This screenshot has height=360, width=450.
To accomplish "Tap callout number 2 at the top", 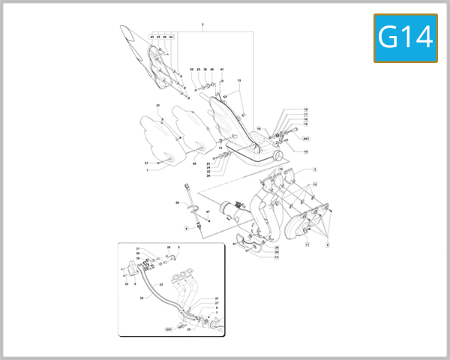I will (202, 25).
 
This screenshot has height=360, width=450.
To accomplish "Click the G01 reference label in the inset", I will (169, 329).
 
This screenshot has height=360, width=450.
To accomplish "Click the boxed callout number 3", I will (316, 170).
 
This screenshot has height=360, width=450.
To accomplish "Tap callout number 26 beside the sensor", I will (178, 203).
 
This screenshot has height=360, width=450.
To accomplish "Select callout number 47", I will (208, 213).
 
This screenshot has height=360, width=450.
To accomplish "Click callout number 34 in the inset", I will (142, 298).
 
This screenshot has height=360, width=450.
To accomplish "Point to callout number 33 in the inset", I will (161, 284).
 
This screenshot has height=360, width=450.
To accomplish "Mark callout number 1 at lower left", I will (148, 170).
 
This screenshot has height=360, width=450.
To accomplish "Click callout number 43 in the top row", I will (151, 37).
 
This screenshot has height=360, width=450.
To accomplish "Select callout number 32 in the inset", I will (126, 284).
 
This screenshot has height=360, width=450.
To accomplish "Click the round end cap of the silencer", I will (279, 156).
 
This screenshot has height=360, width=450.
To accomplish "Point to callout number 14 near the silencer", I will (258, 129).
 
